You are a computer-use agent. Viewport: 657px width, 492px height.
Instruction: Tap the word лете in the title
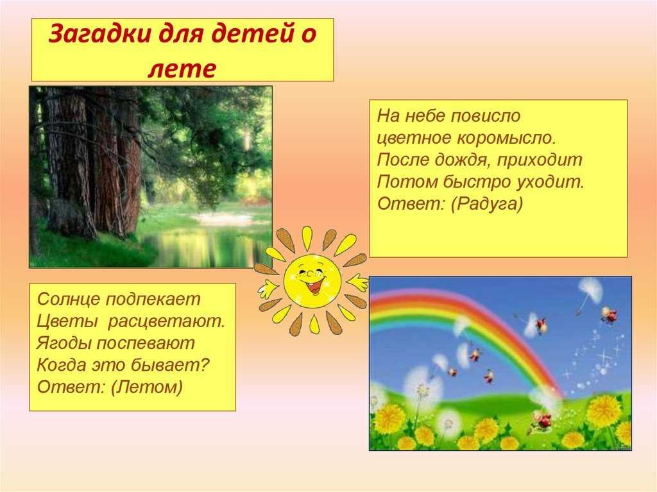pos(182,69)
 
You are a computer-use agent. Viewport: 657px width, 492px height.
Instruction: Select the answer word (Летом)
pos(147,387)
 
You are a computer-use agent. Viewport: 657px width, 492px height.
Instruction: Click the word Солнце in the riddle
pos(69,299)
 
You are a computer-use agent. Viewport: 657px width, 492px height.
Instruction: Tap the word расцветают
pos(166,321)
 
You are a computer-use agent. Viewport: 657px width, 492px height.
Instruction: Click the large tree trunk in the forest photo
pos(69,164)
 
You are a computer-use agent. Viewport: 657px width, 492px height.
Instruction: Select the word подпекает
pos(153,299)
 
